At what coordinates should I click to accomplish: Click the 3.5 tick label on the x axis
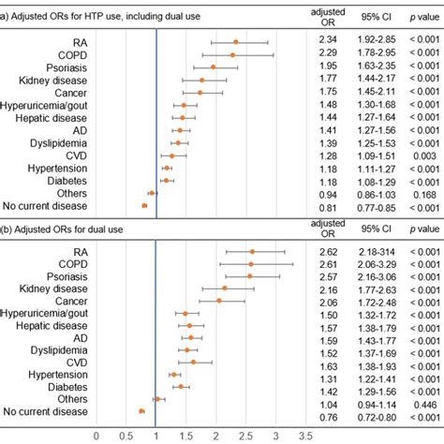pyautogui.click(x=304, y=435)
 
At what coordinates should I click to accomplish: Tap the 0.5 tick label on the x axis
pyautogui.click(x=126, y=435)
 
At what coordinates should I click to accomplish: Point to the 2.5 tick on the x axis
pyautogui.click(x=245, y=435)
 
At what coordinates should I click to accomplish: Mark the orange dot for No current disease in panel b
pyautogui.click(x=141, y=410)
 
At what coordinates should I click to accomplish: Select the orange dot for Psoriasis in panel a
pyautogui.click(x=213, y=67)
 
